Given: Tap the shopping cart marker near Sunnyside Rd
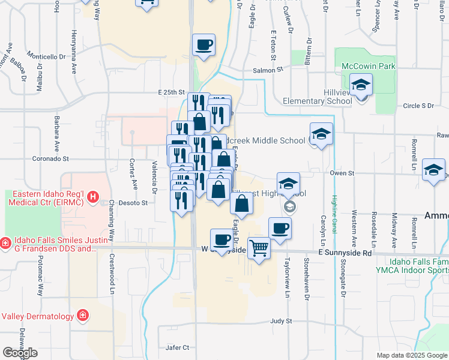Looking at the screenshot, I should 259,247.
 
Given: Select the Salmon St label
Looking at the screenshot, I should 268,70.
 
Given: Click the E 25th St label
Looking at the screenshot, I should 172,92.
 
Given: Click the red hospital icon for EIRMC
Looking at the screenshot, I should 92,196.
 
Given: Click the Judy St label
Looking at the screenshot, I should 280,321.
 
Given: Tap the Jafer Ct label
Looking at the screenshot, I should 177,347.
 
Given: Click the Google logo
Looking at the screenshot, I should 20,353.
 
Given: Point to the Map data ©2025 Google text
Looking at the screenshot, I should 412,355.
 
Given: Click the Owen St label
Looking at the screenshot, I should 343,173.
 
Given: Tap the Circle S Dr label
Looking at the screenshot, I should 418,106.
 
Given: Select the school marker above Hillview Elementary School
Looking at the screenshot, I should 361,85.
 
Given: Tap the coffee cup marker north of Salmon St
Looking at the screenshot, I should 203,44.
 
